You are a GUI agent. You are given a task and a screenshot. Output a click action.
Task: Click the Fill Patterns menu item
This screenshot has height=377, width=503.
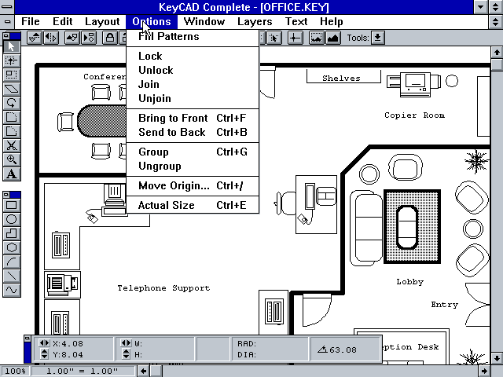[x=168, y=36]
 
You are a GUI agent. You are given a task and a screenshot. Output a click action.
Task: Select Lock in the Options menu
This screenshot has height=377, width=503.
[x=150, y=56]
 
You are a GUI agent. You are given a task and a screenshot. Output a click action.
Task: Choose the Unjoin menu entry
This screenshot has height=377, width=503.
[x=154, y=98]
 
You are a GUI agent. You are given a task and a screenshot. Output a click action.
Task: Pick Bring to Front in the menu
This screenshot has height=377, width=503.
[x=173, y=118]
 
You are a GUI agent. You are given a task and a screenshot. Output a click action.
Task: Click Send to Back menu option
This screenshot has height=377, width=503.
[x=171, y=132]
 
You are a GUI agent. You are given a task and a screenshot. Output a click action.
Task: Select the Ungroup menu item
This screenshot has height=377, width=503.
[x=160, y=166]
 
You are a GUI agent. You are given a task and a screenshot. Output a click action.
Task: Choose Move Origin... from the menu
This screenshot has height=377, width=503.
[x=174, y=185]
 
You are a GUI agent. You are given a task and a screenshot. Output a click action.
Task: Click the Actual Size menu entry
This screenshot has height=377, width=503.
[x=166, y=205]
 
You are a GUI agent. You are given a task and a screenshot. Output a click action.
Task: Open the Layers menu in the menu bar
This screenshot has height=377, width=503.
[x=255, y=21]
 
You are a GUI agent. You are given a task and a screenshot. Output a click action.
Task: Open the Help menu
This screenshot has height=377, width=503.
[x=332, y=21]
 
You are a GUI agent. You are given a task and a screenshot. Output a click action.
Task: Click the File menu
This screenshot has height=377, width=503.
[x=31, y=21]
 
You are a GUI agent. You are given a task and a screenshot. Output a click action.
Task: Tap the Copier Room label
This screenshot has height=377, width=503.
[x=414, y=115]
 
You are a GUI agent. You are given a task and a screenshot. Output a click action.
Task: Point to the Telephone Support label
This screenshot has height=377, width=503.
[x=163, y=288]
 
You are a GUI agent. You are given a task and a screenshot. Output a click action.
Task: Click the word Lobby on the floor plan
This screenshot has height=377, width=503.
[x=409, y=281]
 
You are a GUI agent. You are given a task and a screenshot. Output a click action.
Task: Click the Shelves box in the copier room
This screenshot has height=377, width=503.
[x=341, y=78]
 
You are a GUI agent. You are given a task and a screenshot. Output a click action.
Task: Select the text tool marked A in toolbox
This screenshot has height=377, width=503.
[x=12, y=174]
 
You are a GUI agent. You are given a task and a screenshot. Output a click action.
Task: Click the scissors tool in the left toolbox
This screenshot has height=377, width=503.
[x=12, y=145]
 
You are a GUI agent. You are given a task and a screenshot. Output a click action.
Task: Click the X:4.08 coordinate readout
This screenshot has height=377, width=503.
[x=66, y=343]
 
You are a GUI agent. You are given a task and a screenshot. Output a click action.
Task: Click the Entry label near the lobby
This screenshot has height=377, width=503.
[x=444, y=304]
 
